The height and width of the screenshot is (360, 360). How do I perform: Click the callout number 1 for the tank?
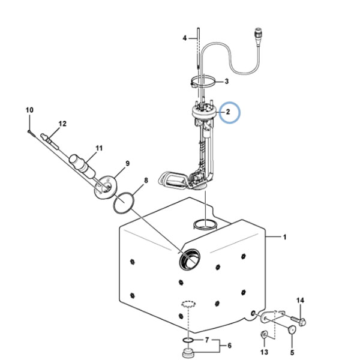[284, 237]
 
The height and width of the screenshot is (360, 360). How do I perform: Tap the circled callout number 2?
[228, 112]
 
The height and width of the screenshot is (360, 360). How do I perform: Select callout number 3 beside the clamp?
[227, 81]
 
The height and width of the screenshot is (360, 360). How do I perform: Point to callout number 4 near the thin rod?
[185, 38]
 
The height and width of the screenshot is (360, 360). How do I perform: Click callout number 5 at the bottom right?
[292, 352]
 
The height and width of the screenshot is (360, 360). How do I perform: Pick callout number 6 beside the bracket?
[229, 346]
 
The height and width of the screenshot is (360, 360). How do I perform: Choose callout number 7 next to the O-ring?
[207, 340]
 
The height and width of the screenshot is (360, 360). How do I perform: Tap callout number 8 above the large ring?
[146, 181]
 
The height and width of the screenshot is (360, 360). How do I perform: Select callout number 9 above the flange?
[127, 163]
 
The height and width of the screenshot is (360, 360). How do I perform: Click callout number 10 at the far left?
[29, 110]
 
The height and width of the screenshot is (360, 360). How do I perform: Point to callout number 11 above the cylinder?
[99, 148]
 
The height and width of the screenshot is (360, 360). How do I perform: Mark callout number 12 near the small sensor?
[62, 124]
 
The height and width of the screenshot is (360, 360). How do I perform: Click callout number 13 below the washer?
[264, 352]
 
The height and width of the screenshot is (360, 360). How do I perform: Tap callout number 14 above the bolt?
[301, 301]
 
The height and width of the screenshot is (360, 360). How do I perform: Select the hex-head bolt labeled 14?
[299, 321]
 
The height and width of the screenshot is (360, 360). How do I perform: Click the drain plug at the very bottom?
[188, 353]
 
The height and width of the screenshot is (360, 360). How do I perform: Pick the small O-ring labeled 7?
[188, 340]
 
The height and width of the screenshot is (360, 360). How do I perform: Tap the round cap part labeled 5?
[292, 329]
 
